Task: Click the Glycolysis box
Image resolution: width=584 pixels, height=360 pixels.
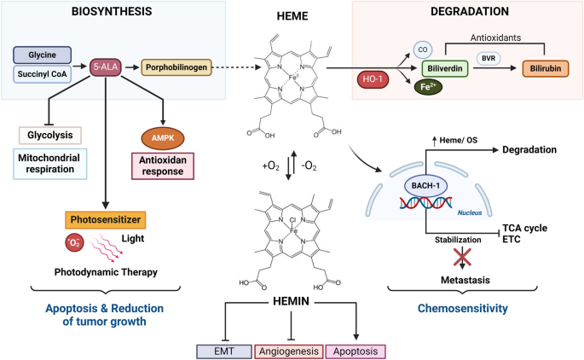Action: [49, 135]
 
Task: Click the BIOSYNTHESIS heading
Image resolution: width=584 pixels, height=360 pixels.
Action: [107, 13]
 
